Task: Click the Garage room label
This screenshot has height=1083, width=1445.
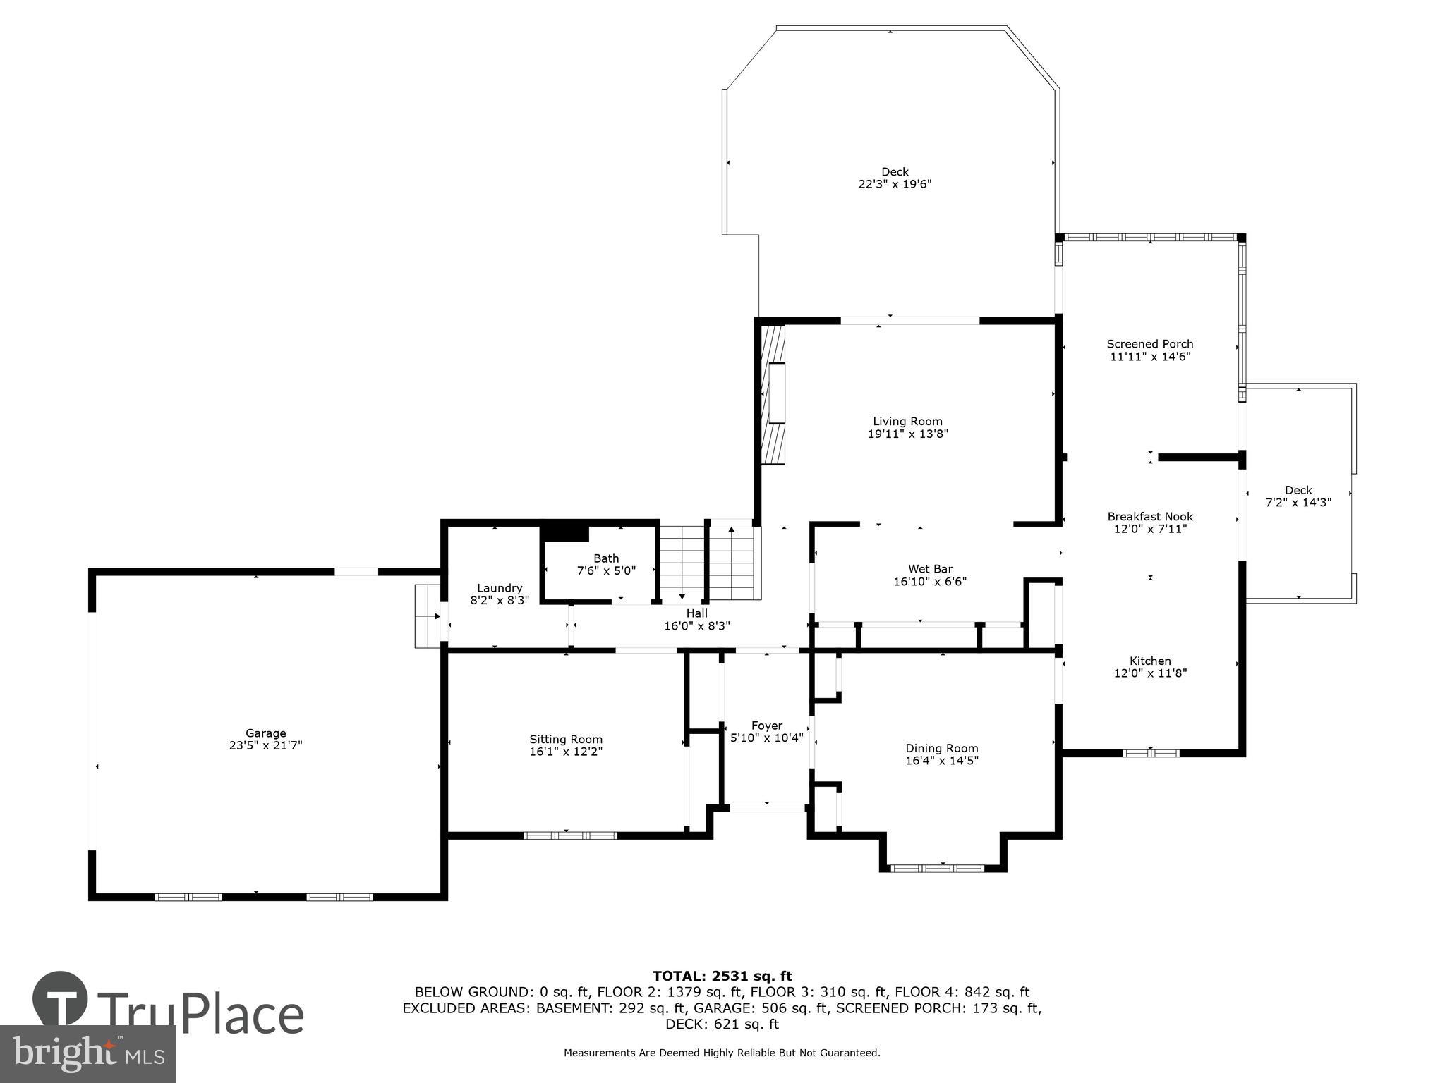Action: point(265,733)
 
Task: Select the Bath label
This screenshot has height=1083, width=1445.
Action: point(606,558)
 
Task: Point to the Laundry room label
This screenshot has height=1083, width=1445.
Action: point(500,588)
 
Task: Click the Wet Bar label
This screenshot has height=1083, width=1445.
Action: point(930,569)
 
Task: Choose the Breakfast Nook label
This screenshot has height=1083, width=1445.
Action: point(1150,516)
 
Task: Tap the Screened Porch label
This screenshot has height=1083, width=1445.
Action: point(1150,344)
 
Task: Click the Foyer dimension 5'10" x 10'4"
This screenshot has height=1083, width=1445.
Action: point(766,738)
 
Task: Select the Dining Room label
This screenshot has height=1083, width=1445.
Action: point(942,748)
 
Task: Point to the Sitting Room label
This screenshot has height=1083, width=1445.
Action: point(566,739)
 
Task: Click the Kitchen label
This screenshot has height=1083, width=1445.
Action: point(1150,661)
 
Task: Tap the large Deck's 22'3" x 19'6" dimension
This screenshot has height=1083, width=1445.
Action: point(895,184)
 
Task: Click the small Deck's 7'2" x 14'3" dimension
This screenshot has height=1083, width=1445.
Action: point(1298,503)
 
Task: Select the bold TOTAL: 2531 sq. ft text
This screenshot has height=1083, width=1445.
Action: point(722,976)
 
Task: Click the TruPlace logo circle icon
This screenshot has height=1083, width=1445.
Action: point(60,999)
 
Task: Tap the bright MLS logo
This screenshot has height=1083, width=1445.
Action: point(88,1053)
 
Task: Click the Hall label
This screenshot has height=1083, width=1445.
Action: point(696,613)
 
